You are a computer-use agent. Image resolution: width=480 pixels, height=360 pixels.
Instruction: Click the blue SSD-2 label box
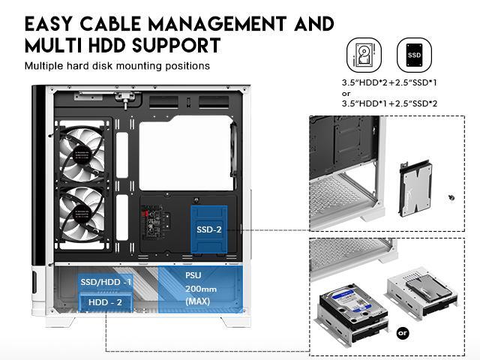pos(208,229)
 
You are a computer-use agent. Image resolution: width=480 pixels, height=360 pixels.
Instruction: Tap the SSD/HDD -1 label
pos(106,281)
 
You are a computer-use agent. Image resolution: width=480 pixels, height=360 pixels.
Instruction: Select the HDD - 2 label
pos(106,301)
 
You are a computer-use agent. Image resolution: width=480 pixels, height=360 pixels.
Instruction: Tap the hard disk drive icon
pos(361,55)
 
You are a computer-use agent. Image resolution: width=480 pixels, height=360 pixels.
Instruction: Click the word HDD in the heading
pos(98,46)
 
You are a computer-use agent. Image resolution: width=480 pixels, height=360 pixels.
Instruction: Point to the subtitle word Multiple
pos(46,66)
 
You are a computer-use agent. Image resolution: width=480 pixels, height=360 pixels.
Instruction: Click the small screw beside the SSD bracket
pos(449,197)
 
